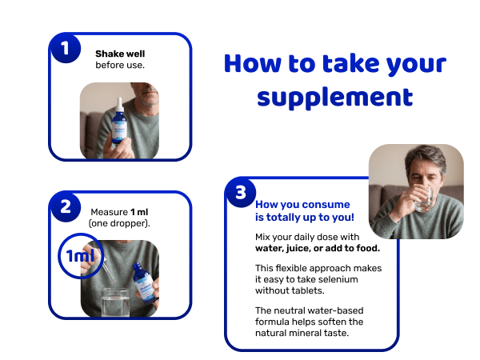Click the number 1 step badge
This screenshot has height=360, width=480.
tap(66, 48)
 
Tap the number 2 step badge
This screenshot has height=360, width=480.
tap(66, 206)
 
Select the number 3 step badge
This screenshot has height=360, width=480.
tap(241, 193)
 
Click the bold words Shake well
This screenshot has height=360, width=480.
tap(120, 54)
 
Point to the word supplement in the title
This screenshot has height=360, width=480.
tap(335, 98)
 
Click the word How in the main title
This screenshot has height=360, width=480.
tap(252, 63)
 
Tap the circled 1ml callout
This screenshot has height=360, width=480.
tap(81, 256)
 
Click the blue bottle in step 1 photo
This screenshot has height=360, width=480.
tap(119, 122)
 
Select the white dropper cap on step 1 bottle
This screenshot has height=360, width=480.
tap(120, 105)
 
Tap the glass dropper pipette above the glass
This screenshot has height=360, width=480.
tap(109, 270)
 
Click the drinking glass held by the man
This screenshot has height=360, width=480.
tap(424, 198)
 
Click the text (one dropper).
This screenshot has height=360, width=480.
tap(119, 223)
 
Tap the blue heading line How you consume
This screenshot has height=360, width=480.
tap(302, 204)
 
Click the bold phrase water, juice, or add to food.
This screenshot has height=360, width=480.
tap(318, 248)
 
